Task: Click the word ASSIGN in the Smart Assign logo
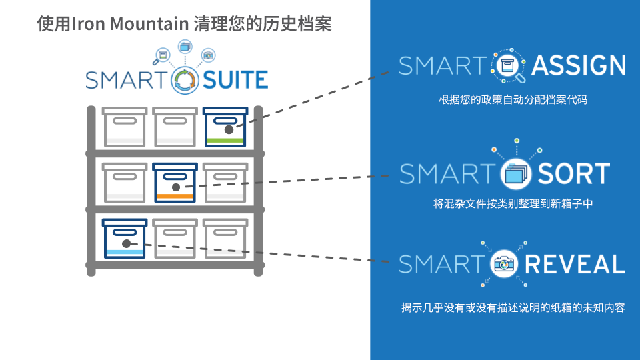coord(579,65)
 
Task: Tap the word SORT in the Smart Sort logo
coord(573,173)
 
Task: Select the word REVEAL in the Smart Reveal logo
coord(575,264)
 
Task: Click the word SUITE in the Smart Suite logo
coord(235,80)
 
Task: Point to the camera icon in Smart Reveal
coord(505,265)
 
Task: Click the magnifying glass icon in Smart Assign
coord(510,66)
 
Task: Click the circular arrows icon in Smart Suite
coord(185,80)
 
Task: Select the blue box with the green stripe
coord(225,127)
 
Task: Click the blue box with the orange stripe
coord(175,182)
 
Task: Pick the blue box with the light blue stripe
coord(125,238)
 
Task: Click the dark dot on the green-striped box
coord(228,129)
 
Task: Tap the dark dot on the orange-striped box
coord(177,187)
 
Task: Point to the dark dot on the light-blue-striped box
coord(126,243)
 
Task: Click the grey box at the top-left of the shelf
coord(124,127)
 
